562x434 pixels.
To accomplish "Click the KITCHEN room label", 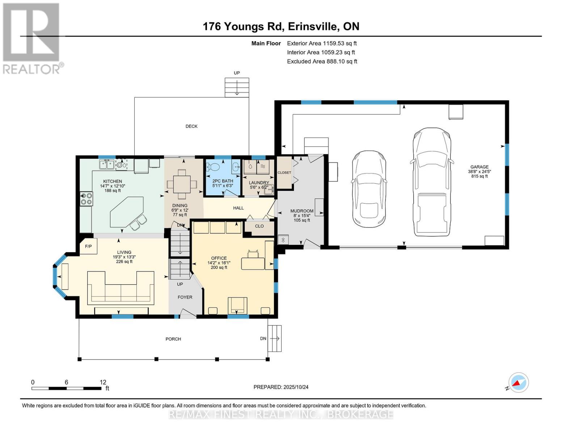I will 113,181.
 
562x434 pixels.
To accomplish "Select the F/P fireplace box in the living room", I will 88,246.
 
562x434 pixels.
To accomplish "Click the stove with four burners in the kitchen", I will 86,199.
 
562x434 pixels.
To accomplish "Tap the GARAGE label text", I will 479,167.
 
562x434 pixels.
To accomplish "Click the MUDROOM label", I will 302,211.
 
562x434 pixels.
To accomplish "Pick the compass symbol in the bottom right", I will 518,383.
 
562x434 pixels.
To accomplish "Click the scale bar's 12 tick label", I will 103,382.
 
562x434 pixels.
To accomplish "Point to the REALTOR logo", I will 32,38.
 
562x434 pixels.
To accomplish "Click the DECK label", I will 191,126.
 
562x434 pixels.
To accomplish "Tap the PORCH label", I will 173,339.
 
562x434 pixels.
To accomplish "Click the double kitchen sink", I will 107,165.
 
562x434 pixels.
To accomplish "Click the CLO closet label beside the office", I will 259,226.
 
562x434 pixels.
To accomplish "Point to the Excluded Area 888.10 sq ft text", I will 322,61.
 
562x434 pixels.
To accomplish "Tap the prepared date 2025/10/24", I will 281,387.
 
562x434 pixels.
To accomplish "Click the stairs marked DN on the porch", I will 275,339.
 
